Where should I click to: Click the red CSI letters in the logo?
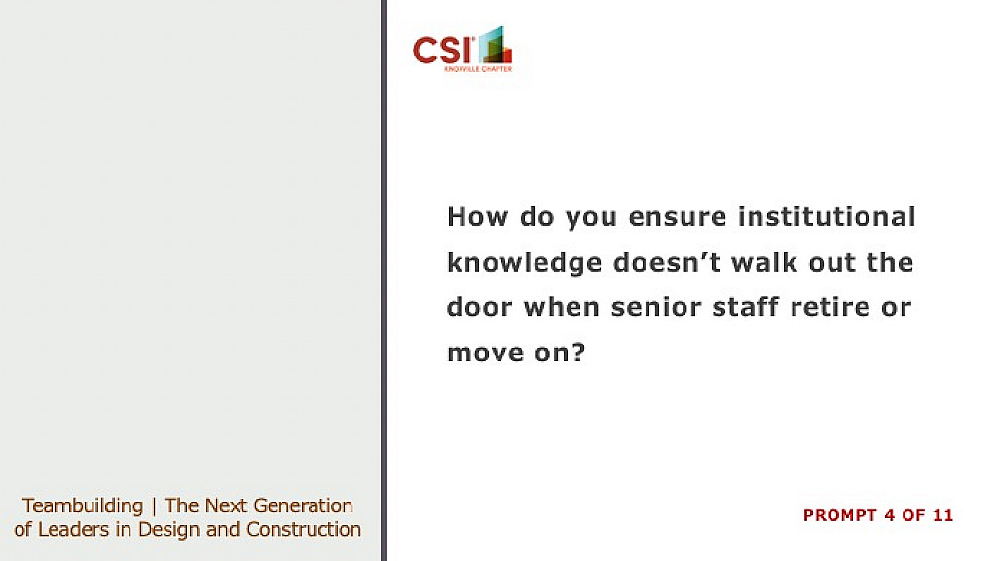(x=443, y=51)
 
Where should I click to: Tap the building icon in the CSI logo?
(x=496, y=45)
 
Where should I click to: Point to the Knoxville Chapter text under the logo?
(x=478, y=69)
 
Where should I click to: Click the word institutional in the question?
(x=827, y=216)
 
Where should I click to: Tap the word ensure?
(x=678, y=218)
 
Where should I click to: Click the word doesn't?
(x=667, y=262)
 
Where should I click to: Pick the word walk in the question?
(x=764, y=262)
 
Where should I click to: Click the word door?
(x=479, y=307)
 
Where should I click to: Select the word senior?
(x=655, y=307)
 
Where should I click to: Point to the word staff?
(x=745, y=307)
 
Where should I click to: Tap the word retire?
(x=830, y=307)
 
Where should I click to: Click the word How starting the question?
(x=477, y=217)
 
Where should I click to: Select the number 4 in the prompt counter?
(x=890, y=515)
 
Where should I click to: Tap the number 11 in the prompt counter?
(x=942, y=515)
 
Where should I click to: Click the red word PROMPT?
(x=840, y=515)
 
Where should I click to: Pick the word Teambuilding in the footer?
(x=83, y=506)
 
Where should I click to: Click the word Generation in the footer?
(x=304, y=505)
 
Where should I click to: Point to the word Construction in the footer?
(x=304, y=529)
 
